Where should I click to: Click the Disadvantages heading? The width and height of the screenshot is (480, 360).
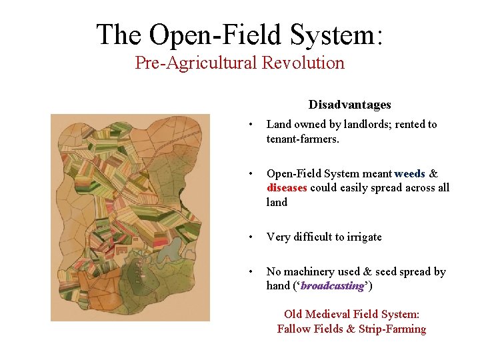[x=349, y=105]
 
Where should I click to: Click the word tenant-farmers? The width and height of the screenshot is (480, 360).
[x=302, y=139]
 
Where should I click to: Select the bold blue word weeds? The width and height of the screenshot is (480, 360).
[x=409, y=174]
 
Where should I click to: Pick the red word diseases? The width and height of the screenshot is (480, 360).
[x=287, y=188]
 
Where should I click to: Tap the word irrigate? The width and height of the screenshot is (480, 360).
[x=361, y=237]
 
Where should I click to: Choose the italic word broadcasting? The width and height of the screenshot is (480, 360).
[x=333, y=286]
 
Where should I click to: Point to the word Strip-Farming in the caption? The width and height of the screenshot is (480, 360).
[x=393, y=329]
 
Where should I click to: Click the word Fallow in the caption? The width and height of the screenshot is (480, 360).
[x=293, y=329]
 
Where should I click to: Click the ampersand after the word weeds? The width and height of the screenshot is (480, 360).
[x=433, y=174]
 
